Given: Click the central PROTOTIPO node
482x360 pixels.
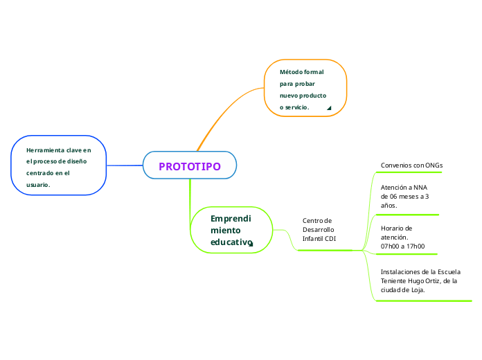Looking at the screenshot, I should point(189,166).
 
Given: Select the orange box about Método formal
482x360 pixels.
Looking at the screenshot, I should point(305,89).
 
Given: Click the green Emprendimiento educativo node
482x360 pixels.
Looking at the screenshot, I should point(231,231).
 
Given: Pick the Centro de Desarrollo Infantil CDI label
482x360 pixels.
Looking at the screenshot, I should point(319,230).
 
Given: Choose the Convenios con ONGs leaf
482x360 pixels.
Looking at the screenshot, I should point(411,165).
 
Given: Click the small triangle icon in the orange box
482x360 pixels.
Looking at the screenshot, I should point(329,108).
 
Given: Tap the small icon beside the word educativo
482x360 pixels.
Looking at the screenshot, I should point(251,244).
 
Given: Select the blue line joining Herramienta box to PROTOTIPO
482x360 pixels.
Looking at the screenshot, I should point(125,165).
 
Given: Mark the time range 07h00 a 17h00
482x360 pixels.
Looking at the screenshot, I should point(402,246).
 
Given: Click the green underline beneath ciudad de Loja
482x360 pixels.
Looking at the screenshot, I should point(422,301).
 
